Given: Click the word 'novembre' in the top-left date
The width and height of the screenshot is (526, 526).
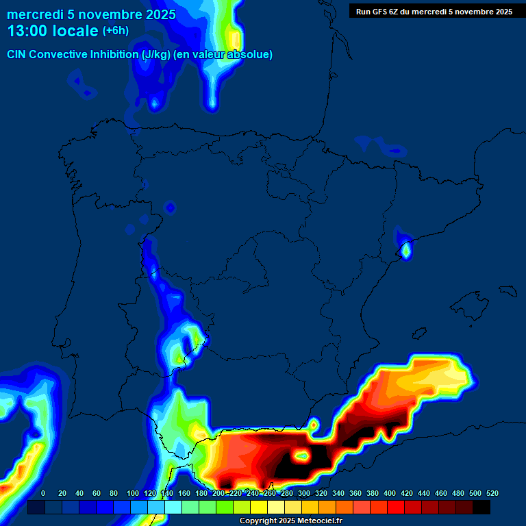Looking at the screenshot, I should click(105, 14).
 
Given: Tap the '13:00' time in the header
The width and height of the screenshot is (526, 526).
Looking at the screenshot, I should click(27, 31).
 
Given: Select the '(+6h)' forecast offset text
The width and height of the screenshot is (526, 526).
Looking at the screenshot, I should click(115, 31).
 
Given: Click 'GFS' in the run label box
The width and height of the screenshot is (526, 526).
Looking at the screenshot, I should click(382, 12).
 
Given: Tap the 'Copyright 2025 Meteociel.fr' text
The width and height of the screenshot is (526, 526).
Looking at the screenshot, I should click(290, 521).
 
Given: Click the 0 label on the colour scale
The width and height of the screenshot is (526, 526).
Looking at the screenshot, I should click(43, 493).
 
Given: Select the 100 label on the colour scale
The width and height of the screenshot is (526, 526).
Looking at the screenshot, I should click(132, 493).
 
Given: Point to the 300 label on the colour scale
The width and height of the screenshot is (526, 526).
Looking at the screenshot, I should click(303, 493).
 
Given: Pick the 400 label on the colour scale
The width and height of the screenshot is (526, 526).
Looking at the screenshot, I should click(389, 493).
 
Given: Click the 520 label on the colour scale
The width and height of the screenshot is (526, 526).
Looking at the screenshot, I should click(492, 493).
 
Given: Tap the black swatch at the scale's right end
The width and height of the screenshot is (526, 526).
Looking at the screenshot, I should click(481, 508).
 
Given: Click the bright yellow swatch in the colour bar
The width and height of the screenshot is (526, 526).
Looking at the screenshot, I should click(259, 508).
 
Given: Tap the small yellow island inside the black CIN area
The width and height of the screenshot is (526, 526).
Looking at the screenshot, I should click(301, 453).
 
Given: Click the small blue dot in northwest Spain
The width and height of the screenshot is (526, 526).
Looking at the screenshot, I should click(171, 208).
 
